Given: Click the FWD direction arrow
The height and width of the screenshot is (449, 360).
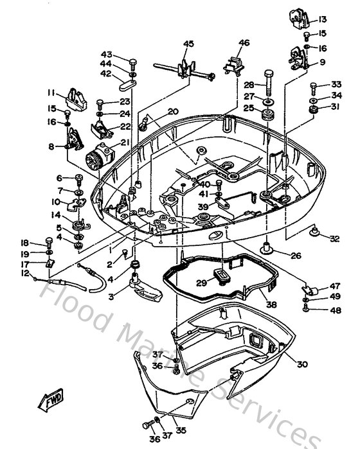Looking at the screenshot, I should click(x=51, y=402).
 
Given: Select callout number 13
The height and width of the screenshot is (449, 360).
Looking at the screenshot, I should click(x=323, y=19).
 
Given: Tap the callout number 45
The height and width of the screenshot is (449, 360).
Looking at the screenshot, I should click(x=188, y=44).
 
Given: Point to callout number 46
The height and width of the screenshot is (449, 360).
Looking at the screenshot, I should click(x=243, y=44).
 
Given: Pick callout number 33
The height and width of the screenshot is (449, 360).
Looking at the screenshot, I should click(x=336, y=85).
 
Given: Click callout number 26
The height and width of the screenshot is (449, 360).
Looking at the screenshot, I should click(x=295, y=256).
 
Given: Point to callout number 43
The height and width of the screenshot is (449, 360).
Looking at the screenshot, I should click(x=105, y=53).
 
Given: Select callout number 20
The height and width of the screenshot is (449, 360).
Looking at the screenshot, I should click(x=173, y=111).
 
